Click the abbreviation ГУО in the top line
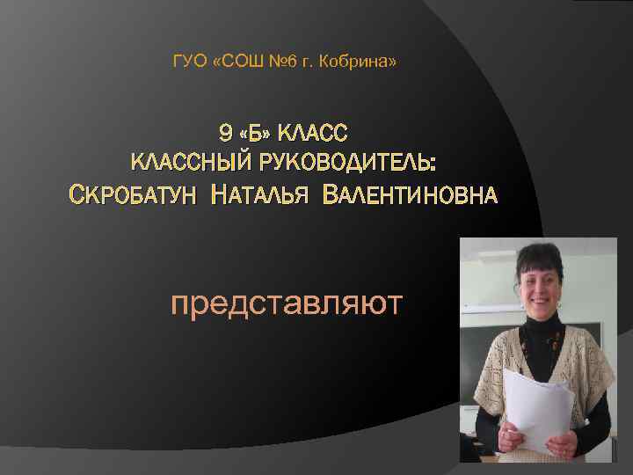[x=187, y=62]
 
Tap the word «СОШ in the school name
[x=236, y=62]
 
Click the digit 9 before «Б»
[x=224, y=134]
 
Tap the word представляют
[x=287, y=303]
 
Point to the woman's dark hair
[x=538, y=256]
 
